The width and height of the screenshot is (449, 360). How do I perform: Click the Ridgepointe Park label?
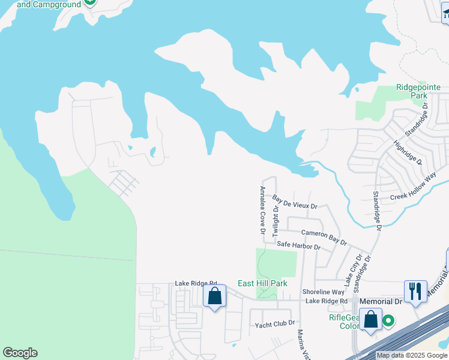click(x=418, y=91)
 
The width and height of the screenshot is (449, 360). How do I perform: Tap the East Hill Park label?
click(x=262, y=283)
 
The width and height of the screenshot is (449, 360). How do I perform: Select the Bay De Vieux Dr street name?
click(x=294, y=202)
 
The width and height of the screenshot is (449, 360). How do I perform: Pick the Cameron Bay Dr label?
click(x=324, y=237)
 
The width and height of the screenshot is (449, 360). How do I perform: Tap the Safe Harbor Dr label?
click(x=298, y=246)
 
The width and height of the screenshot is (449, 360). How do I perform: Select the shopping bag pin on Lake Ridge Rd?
click(x=214, y=296)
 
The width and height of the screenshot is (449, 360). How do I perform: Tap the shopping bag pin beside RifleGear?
click(x=370, y=319)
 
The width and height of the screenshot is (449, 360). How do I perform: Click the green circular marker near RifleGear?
click(x=388, y=321)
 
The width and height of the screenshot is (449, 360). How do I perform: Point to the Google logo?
click(x=20, y=353)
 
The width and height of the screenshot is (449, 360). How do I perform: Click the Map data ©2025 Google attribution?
click(x=411, y=355)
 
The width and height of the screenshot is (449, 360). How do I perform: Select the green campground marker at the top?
click(x=89, y=2)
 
